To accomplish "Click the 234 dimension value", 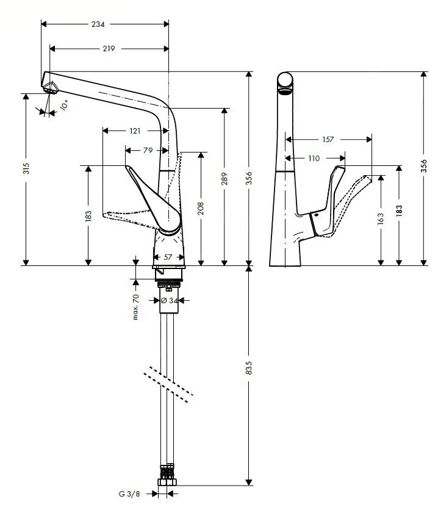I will click(x=97, y=24).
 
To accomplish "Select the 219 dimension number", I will click(x=109, y=48).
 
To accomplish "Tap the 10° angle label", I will click(x=64, y=104).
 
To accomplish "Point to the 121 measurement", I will click(x=135, y=131).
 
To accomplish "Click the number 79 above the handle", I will click(x=147, y=150).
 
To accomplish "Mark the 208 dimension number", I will click(x=201, y=208).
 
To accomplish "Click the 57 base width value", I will click(x=168, y=257).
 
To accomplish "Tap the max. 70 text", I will click(x=136, y=306).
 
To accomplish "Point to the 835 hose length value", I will click(x=249, y=368).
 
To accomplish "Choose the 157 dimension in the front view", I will click(x=328, y=140).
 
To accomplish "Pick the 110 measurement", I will click(x=314, y=159).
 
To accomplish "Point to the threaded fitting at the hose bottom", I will click(x=167, y=476).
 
